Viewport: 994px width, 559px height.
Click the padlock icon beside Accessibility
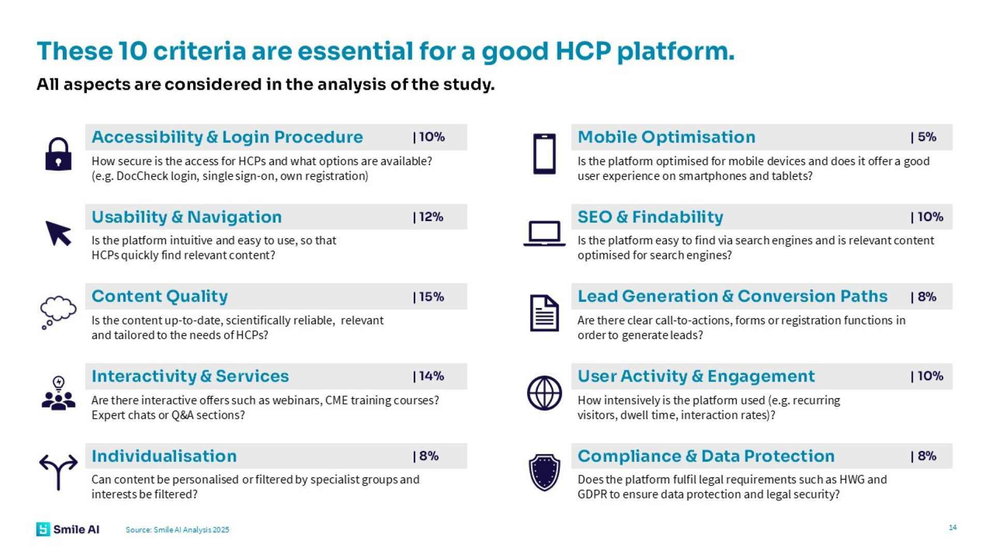click(58, 154)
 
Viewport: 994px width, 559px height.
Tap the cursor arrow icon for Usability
click(58, 233)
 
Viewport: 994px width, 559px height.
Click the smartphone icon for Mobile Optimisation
click(544, 154)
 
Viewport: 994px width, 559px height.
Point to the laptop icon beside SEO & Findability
click(544, 233)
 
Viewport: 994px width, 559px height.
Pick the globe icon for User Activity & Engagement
click(544, 393)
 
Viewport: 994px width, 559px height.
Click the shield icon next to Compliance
click(544, 472)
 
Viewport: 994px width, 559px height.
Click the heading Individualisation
click(164, 456)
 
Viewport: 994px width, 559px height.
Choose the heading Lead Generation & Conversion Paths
click(732, 296)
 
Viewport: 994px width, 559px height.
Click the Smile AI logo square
click(43, 529)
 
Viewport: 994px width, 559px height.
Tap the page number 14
click(953, 527)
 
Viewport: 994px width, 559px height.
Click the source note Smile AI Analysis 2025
click(177, 529)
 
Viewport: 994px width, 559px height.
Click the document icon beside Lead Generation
click(544, 313)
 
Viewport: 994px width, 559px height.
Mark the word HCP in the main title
click(583, 51)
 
